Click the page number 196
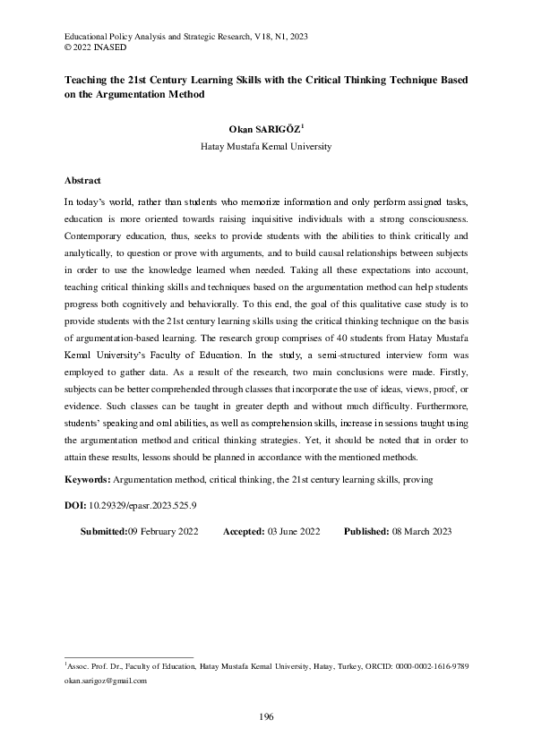click(266, 716)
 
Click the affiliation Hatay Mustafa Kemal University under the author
click(266, 146)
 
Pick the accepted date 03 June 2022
click(294, 531)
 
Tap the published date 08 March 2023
click(422, 531)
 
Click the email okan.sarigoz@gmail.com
click(105, 681)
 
